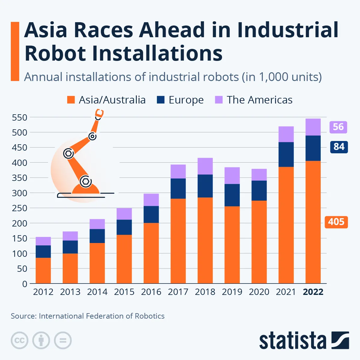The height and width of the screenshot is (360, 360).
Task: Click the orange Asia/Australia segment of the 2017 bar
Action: tap(178, 240)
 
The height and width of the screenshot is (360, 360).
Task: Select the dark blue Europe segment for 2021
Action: tap(286, 154)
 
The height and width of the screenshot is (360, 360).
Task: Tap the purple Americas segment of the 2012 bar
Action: tap(43, 241)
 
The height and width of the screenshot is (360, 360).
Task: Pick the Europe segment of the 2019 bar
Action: tap(232, 195)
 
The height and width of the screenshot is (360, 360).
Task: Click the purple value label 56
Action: tap(338, 127)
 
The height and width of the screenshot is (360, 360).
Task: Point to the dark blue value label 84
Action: tap(339, 147)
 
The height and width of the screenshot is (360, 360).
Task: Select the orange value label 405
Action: tap(336, 222)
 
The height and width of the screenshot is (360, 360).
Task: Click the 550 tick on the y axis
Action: tap(19, 118)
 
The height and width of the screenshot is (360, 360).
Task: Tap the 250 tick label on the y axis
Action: tap(19, 208)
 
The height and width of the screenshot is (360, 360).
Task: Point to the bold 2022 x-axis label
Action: tap(313, 292)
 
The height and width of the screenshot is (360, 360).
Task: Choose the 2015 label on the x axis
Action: tap(124, 292)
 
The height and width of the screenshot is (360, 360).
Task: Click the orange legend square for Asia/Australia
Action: tap(71, 100)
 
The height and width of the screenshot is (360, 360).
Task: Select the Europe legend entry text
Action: tap(186, 100)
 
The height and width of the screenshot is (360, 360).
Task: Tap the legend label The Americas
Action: tap(259, 100)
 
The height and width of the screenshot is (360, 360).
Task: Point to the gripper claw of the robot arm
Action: tap(99, 114)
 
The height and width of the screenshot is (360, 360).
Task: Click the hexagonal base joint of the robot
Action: tap(85, 181)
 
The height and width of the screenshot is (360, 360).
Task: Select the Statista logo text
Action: tap(292, 341)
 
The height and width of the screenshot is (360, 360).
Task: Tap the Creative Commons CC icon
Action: tap(19, 340)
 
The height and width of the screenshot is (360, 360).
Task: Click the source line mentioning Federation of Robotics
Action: tap(88, 316)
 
